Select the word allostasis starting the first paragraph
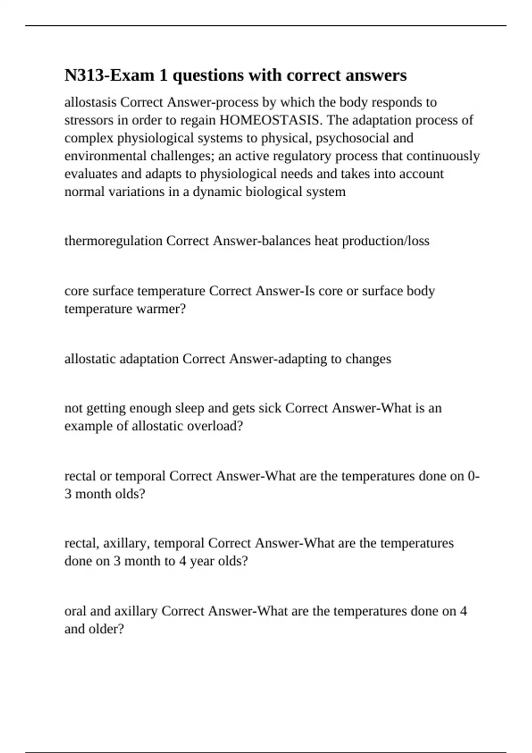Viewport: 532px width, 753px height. [91, 102]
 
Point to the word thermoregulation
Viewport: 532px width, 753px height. [113, 241]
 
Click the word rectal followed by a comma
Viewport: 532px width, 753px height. [82, 543]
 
